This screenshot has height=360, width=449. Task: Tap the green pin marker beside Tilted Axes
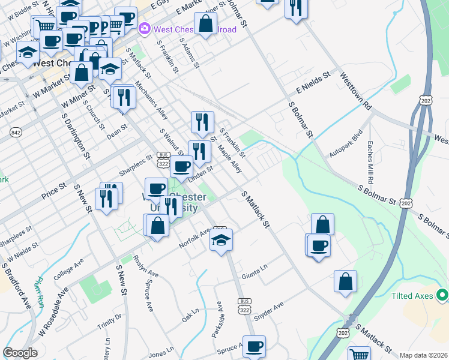click(442, 295)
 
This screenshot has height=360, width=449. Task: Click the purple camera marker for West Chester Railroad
click(144, 28)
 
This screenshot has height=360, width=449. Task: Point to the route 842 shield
click(15, 131)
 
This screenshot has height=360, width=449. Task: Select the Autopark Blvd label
click(346, 145)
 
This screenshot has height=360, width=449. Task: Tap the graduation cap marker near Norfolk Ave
click(221, 240)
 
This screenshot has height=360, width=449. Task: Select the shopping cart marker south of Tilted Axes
click(359, 354)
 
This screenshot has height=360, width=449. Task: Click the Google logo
click(20, 353)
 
